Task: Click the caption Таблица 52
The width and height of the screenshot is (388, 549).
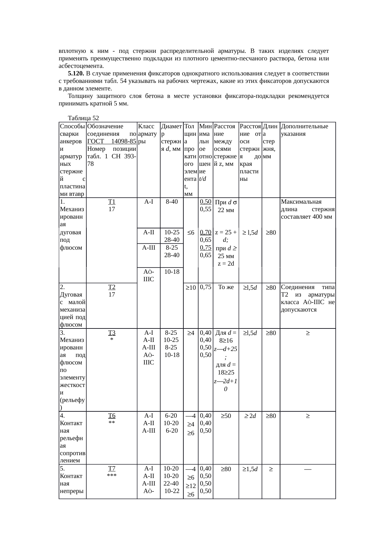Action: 83,118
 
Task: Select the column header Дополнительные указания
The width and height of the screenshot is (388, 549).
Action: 304,130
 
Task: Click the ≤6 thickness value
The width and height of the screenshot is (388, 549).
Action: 191,232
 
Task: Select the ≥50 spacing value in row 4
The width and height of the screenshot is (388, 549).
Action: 226,416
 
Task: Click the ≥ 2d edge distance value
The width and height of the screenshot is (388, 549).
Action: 250,416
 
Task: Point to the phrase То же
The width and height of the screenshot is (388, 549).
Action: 226,287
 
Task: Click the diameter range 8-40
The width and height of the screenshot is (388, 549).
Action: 171,202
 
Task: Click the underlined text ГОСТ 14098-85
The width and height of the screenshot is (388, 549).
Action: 112,141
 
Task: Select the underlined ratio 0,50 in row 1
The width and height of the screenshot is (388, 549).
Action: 206,202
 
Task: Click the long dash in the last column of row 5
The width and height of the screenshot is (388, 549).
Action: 308,469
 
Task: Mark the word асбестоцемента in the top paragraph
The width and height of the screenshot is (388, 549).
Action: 81,66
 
